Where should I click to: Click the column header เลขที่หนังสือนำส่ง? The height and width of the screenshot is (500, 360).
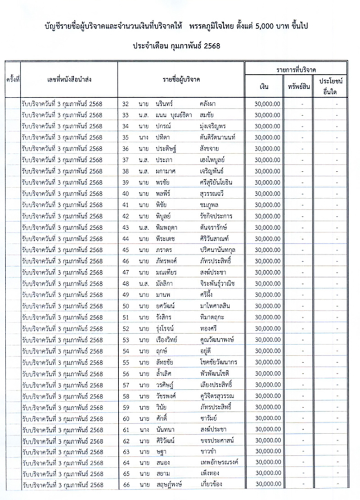click(69, 79)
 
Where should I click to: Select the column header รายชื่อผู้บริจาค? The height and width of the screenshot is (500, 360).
click(181, 79)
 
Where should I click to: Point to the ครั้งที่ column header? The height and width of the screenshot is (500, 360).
click(13, 79)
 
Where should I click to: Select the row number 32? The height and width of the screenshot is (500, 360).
click(126, 104)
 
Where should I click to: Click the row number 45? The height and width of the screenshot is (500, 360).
click(126, 250)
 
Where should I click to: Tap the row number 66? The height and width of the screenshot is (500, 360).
click(126, 484)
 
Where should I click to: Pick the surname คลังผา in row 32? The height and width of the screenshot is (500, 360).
click(210, 104)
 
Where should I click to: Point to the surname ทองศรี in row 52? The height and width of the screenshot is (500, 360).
click(211, 329)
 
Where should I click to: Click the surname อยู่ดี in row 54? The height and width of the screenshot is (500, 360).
click(207, 351)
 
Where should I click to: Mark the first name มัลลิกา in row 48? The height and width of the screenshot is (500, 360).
click(164, 284)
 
